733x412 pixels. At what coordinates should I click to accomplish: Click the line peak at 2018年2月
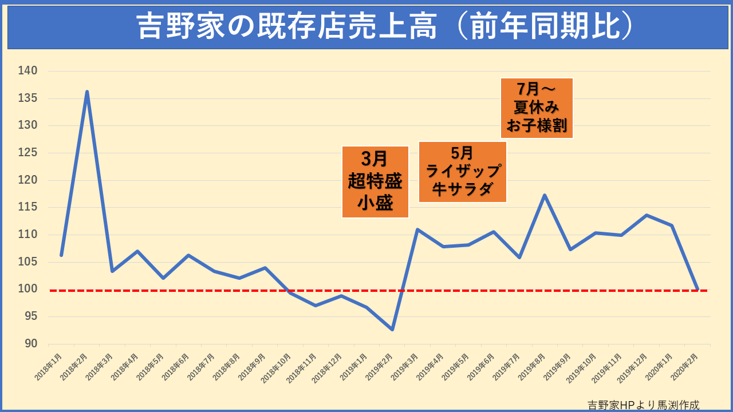tap(86, 92)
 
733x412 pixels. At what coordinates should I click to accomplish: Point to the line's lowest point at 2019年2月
tap(392, 330)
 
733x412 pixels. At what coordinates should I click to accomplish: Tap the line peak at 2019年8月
tap(545, 195)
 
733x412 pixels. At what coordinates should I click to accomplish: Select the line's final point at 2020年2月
tap(697, 289)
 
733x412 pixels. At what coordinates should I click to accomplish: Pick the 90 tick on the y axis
tap(30, 343)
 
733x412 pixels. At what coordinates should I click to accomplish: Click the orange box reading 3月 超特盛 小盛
tap(375, 182)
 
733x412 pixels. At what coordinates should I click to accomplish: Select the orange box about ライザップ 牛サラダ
tap(463, 172)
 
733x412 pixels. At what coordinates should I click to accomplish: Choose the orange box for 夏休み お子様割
tap(537, 108)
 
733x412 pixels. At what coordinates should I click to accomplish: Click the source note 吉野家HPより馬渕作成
tap(644, 405)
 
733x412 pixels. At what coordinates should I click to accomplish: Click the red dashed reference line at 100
tap(229, 291)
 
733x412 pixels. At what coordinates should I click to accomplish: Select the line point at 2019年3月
tap(417, 229)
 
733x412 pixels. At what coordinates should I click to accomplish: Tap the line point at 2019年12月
tap(646, 215)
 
